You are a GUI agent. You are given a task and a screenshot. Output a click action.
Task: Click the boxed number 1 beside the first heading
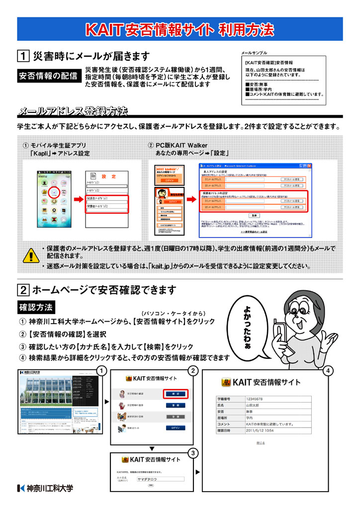point(23,56)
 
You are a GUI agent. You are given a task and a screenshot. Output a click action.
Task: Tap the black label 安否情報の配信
point(48,76)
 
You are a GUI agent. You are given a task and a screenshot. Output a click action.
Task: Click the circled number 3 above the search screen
point(193,452)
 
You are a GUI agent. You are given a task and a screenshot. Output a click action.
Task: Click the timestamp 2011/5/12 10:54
point(260,430)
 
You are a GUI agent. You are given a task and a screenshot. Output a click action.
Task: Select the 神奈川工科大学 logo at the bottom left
point(45,488)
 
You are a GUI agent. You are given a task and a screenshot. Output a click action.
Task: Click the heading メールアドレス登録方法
point(73,110)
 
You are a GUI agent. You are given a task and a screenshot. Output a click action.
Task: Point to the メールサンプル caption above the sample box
point(254,53)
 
